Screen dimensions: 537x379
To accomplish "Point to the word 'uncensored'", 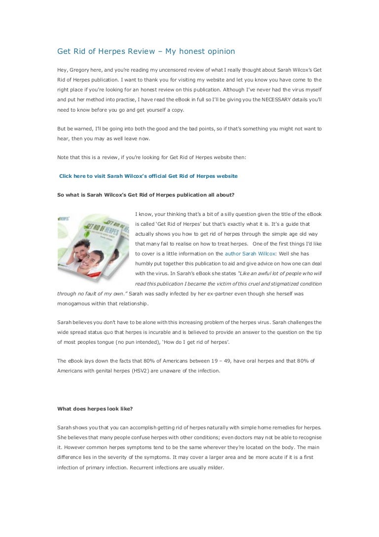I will (x=175, y=69).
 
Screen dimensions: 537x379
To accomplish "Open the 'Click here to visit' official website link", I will (x=148, y=176).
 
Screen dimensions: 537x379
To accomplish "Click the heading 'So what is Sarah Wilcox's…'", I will (x=146, y=195).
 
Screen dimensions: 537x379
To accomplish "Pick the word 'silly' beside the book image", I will (x=239, y=214).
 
